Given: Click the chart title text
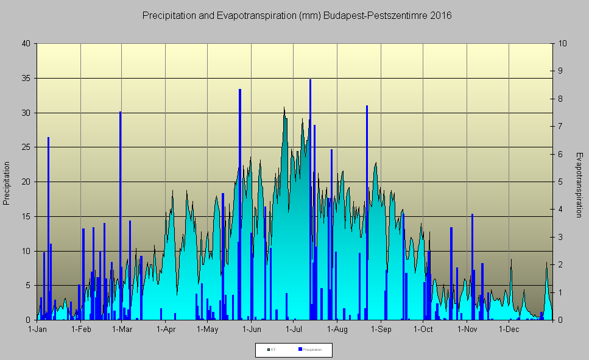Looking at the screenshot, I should point(297,16).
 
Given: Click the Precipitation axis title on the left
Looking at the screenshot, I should point(7,183).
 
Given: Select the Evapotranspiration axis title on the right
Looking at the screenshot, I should point(579,185).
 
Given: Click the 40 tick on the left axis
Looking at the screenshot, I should point(26,44).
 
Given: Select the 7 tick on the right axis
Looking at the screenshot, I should point(560,127).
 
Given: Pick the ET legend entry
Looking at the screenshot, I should point(272,350).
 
